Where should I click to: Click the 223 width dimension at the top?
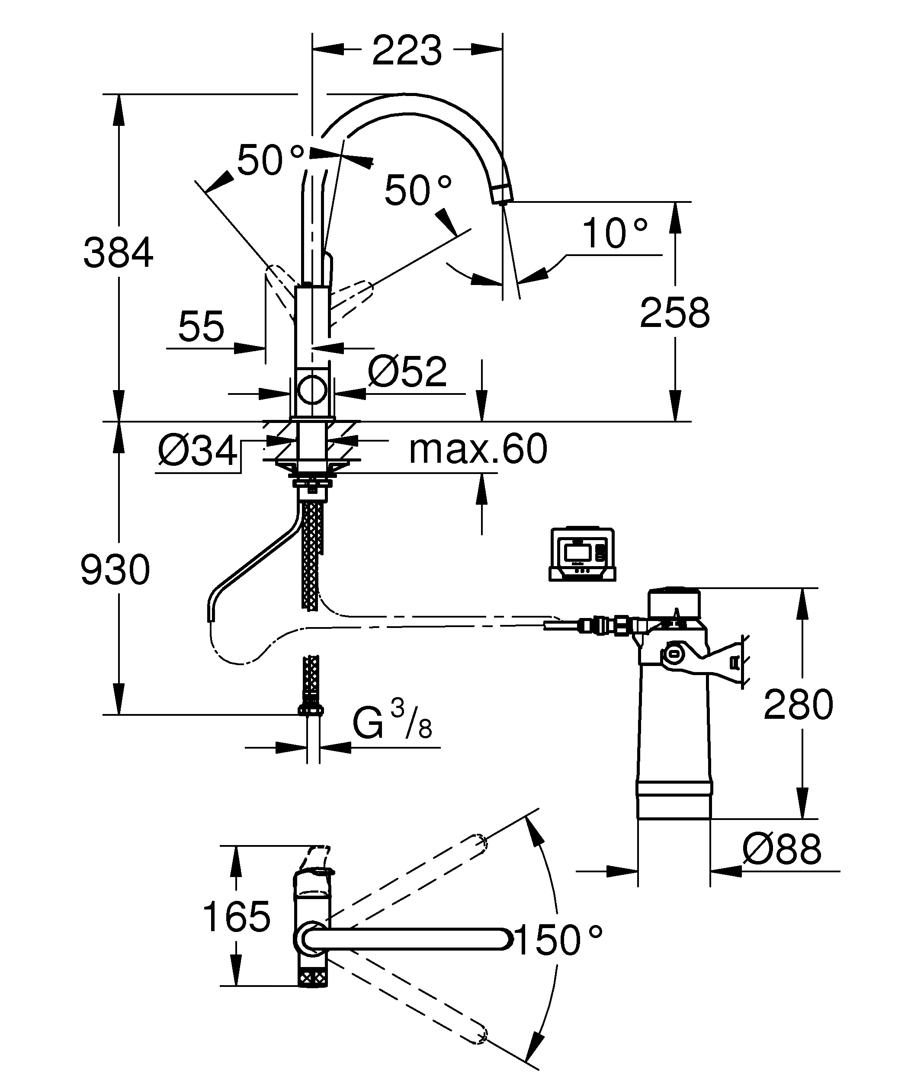(x=407, y=51)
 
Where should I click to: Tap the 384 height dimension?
(x=119, y=253)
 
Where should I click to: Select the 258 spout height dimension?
(x=674, y=313)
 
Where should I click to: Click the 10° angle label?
(x=615, y=234)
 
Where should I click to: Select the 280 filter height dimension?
(x=798, y=705)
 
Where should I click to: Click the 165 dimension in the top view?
(x=237, y=916)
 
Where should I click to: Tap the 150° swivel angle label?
(x=558, y=940)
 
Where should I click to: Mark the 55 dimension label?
(x=201, y=327)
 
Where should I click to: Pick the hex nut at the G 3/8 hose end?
(x=311, y=710)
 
